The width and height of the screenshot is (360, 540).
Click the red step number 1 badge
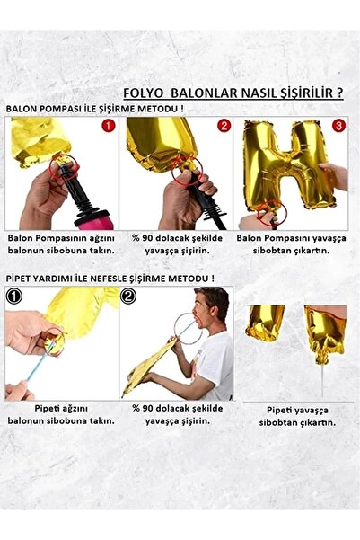[109, 127]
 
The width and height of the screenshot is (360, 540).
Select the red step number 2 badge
[224, 127]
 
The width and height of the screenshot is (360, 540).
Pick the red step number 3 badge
[338, 127]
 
